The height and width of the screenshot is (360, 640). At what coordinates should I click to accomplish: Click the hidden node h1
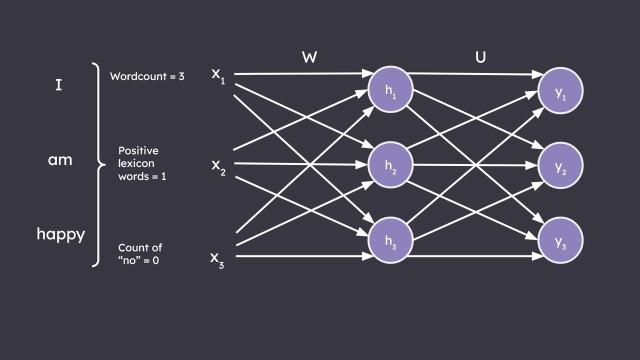390,90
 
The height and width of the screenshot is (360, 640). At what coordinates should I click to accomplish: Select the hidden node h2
390,165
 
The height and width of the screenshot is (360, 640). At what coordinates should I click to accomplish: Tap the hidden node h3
390,240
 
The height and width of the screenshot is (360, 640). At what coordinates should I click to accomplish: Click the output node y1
560,90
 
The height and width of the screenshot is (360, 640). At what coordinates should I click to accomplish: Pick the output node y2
560,165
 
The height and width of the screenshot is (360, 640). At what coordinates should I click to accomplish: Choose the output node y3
560,240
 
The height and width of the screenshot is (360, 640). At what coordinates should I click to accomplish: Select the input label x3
217,259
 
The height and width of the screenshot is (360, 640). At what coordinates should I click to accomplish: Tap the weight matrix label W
309,57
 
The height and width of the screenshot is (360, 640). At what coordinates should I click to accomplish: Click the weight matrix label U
480,57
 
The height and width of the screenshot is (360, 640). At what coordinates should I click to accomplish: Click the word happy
61,234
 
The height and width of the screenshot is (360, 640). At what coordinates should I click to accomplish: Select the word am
60,160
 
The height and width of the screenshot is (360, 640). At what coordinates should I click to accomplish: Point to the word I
58,85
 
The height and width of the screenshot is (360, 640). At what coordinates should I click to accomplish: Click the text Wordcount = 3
147,76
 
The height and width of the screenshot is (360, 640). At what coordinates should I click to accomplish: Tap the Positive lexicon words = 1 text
141,163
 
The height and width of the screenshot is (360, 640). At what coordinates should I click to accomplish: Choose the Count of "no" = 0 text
140,254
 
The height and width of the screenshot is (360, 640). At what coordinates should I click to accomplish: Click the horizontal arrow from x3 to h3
300,256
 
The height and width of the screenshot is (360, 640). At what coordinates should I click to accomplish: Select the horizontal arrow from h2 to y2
475,165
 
